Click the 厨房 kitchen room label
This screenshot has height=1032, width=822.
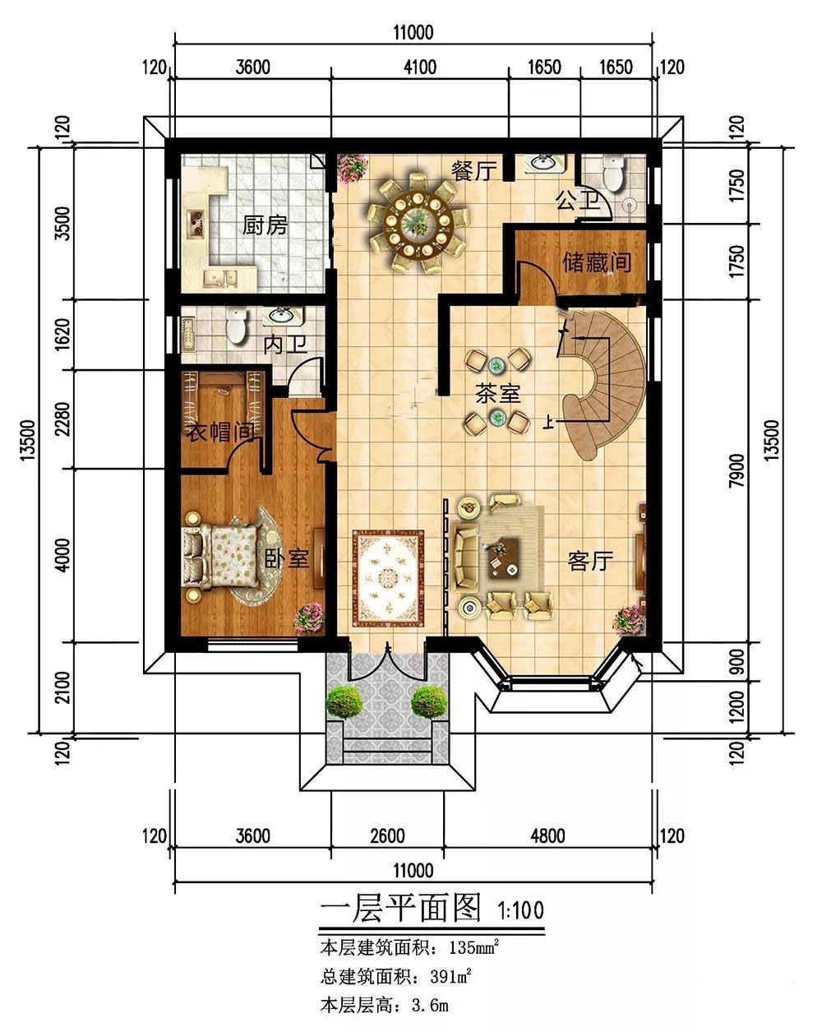pyautogui.click(x=265, y=224)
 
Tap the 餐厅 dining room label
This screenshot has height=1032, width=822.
pyautogui.click(x=473, y=171)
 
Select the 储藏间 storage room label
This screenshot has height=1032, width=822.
pyautogui.click(x=597, y=261)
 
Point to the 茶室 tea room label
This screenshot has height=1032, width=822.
pyautogui.click(x=498, y=393)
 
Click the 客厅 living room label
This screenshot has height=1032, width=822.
pyautogui.click(x=590, y=560)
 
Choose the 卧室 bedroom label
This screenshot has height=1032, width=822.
pyautogui.click(x=287, y=558)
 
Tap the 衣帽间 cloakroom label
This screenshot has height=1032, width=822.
pyautogui.click(x=220, y=433)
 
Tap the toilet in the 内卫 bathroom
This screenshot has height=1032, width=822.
pyautogui.click(x=236, y=325)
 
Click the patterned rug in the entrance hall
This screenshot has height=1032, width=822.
pyautogui.click(x=388, y=578)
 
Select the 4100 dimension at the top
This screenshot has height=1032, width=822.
pyautogui.click(x=420, y=67)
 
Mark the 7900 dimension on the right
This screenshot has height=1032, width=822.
pyautogui.click(x=737, y=470)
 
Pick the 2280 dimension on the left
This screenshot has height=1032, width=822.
pyautogui.click(x=62, y=419)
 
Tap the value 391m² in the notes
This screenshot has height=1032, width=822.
pyautogui.click(x=450, y=977)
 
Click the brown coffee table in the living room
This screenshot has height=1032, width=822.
pyautogui.click(x=504, y=558)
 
